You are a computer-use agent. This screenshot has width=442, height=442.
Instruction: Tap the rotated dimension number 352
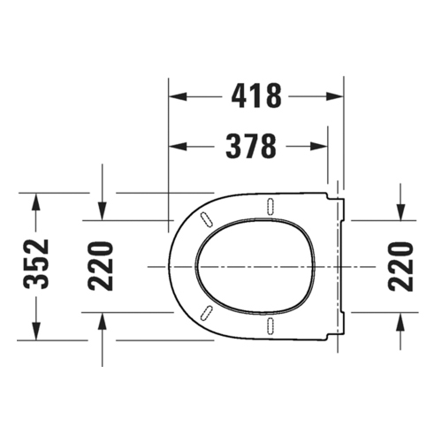click(36, 264)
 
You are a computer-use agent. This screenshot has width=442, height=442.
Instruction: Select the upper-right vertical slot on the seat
click(266, 207)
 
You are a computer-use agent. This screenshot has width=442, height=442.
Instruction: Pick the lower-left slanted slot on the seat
click(209, 313)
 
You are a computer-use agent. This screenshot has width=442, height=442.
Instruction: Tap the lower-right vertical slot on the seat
click(266, 324)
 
